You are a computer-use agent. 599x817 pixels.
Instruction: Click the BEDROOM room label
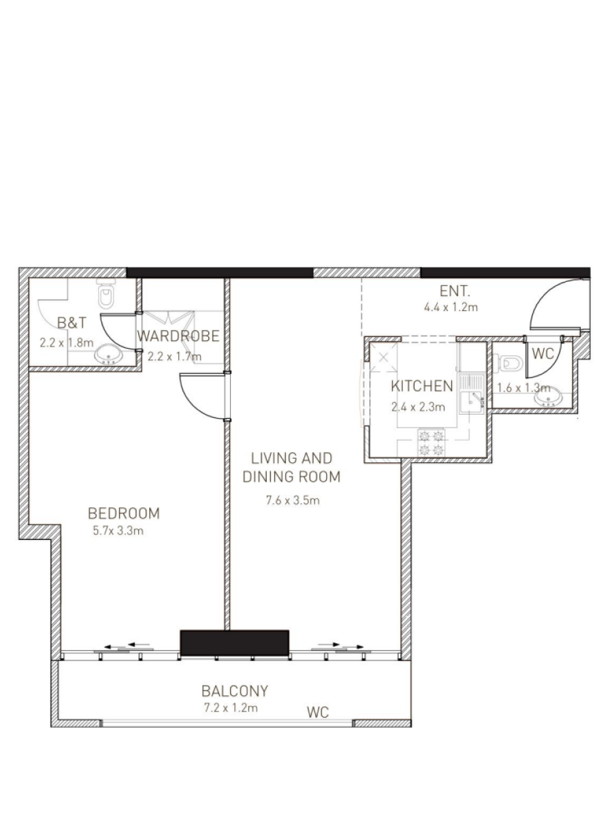click(x=124, y=513)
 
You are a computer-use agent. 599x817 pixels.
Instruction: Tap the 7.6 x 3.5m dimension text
click(x=293, y=500)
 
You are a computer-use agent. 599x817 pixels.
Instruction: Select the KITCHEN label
click(x=422, y=386)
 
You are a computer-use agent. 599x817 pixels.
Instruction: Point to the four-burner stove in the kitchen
click(x=432, y=443)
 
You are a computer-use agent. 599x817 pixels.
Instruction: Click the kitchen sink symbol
click(x=472, y=394)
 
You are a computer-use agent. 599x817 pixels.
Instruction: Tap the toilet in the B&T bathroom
click(x=106, y=293)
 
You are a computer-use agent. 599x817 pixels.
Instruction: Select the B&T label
click(x=72, y=323)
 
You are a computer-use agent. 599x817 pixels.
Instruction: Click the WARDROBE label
click(x=178, y=336)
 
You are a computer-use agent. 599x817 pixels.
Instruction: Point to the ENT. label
click(x=455, y=291)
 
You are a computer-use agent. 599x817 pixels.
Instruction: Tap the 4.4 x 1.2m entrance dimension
click(x=451, y=307)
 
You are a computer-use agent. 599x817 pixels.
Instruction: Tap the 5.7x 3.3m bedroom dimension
click(x=118, y=530)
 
